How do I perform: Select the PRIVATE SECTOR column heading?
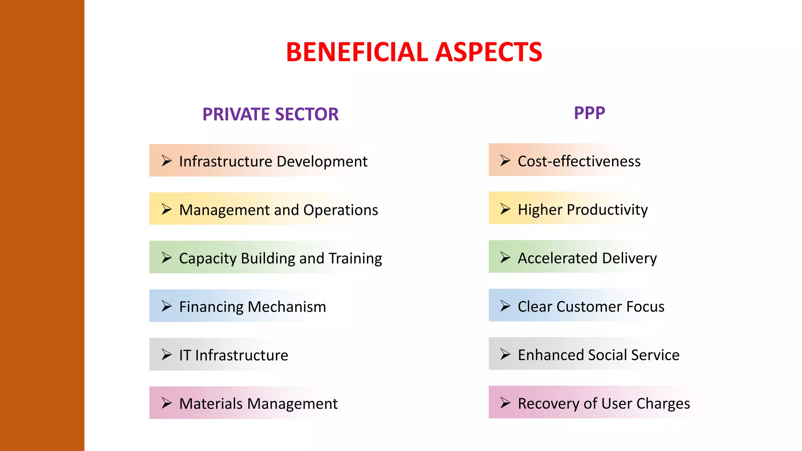[270, 114]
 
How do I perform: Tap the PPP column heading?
[589, 113]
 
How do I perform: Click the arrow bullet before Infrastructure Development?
[166, 161]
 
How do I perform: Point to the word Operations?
[340, 210]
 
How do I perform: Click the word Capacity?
[208, 258]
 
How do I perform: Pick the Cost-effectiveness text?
[579, 161]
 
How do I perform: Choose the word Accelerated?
[558, 258]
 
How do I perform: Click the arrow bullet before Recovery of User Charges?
[505, 402]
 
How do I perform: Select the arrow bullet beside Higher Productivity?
[505, 209]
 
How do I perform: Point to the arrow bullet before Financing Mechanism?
[166, 306]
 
